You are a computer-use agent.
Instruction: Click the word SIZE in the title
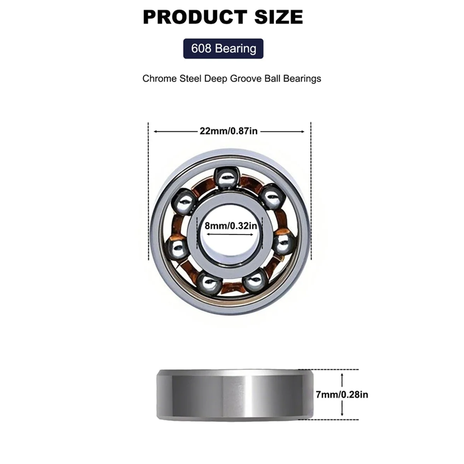pos(278,17)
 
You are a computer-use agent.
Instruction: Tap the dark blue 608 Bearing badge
pos(223,49)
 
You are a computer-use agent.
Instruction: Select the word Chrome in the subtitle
pos(159,78)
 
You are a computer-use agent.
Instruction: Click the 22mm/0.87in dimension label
pos(229,131)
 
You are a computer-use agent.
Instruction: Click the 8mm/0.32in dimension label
pos(230,225)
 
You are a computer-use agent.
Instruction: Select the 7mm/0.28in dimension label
pos(342,395)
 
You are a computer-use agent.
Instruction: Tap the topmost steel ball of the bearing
pos(227,178)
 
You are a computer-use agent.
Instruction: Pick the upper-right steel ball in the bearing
pos(272,196)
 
